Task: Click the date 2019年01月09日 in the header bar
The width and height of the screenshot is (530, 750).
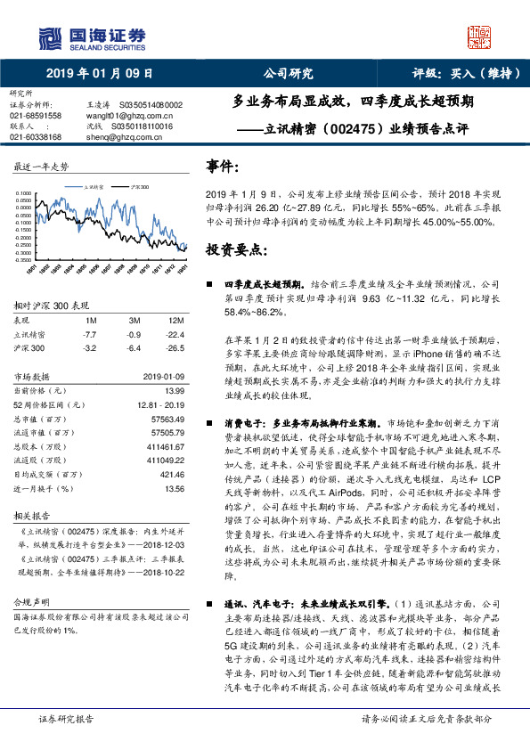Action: click(100, 73)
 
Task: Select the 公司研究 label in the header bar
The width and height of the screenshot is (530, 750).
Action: click(288, 73)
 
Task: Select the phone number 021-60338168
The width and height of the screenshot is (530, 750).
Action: click(36, 137)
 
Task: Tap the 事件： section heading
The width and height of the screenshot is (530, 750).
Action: click(222, 166)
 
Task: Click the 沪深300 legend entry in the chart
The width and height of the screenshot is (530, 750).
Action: click(140, 188)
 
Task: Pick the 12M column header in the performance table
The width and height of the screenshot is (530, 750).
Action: click(175, 319)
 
